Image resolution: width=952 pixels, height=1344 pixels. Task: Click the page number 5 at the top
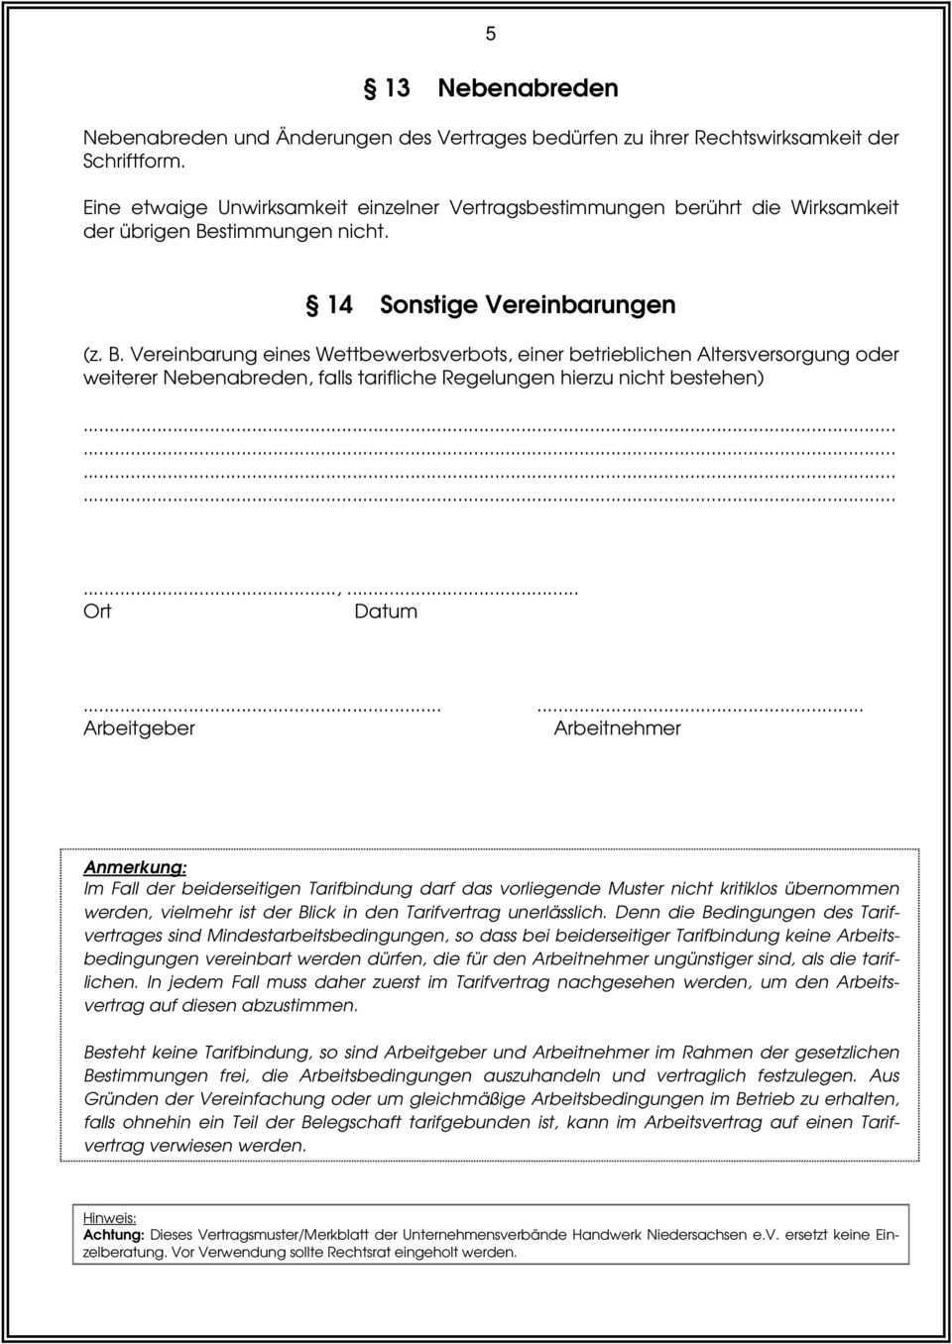490,34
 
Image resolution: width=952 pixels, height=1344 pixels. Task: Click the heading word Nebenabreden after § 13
528,88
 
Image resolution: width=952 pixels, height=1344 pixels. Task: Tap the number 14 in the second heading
340,304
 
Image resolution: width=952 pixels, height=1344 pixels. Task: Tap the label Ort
97,612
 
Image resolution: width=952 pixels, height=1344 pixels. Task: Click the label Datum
386,612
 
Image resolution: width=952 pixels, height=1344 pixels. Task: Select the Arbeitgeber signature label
139,728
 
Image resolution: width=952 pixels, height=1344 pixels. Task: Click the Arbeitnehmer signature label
617,728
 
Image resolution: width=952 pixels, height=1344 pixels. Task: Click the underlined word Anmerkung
135,866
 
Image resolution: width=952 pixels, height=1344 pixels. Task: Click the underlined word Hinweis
109,1218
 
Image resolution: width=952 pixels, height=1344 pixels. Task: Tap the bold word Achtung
114,1236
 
